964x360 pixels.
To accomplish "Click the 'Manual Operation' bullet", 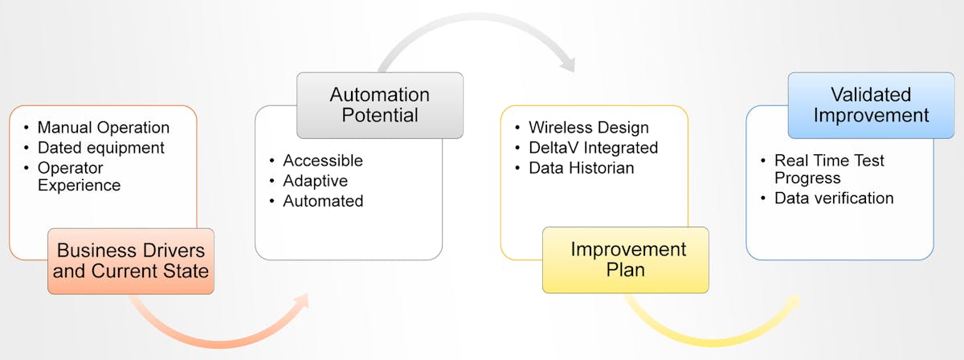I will (x=103, y=128).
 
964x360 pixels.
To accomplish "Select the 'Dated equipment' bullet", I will (x=100, y=148).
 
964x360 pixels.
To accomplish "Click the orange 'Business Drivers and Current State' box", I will (x=131, y=260).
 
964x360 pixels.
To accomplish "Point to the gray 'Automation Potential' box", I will (x=380, y=104).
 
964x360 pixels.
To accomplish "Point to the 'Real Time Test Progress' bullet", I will (x=828, y=169).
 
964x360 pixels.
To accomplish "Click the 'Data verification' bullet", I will (x=833, y=198).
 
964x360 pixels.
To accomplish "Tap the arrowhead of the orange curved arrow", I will (x=300, y=303).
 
